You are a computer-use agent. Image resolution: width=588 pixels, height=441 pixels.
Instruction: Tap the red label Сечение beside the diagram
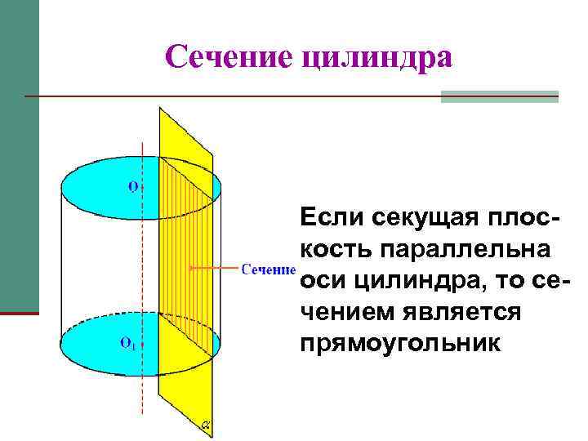coord(268,268)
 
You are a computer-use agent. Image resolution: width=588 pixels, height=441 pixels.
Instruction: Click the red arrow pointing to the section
coord(214,267)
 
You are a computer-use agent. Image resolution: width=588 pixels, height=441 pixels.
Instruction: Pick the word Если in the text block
coord(332,218)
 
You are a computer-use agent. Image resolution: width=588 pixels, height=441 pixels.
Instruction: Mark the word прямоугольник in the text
coord(399,342)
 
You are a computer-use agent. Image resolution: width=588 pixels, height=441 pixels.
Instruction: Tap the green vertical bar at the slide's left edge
coord(19,155)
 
